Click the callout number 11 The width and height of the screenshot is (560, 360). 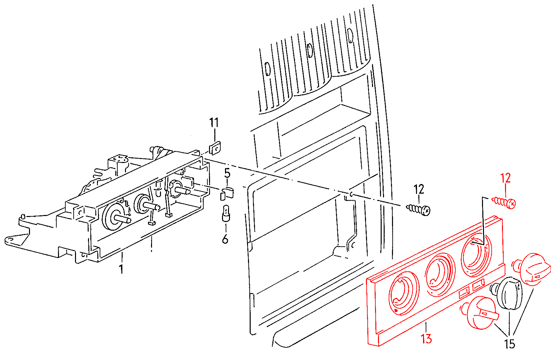(214, 123)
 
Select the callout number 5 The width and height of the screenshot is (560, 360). (227, 173)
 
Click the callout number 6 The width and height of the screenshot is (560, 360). (225, 239)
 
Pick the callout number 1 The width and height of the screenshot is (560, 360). (121, 269)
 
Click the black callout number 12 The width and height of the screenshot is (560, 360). (419, 189)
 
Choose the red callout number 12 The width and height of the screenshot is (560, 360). (505, 178)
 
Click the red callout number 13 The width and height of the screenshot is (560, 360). (426, 339)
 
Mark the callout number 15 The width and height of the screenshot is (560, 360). (510, 344)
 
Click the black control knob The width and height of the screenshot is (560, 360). (507, 293)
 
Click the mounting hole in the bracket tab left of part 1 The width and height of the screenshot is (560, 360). (10, 239)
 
